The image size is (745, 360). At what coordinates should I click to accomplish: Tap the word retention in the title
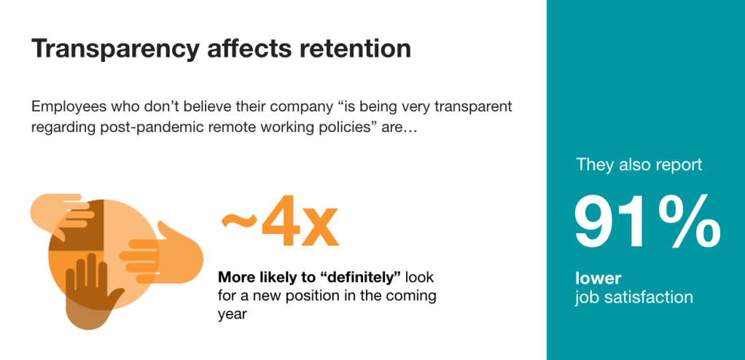coord(356,48)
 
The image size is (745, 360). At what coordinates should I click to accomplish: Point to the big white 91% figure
coord(647,222)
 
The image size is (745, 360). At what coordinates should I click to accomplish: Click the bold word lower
coord(598,277)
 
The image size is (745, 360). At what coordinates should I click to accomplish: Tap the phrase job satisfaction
coord(633,298)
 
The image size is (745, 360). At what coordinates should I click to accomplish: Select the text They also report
coord(639,165)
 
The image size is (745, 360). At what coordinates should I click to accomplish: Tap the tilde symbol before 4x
coord(238,220)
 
